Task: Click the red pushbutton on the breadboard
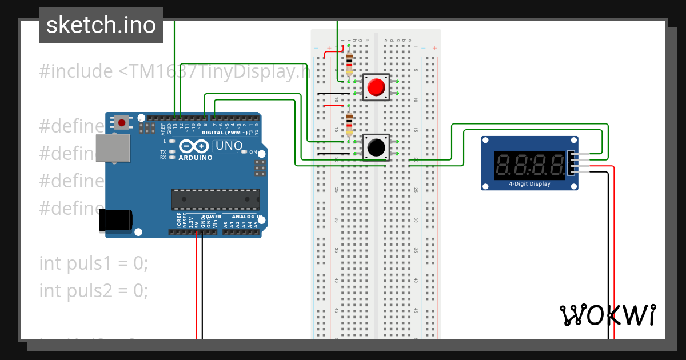click(x=376, y=87)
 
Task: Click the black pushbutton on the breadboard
click(x=376, y=147)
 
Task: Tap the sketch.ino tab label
click(x=101, y=25)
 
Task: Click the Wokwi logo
click(x=607, y=315)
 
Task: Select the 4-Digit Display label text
click(x=529, y=184)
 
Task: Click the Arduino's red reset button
click(x=121, y=122)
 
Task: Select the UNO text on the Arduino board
click(x=229, y=146)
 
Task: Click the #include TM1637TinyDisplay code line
click(x=171, y=71)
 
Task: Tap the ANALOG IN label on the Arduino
click(x=246, y=217)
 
